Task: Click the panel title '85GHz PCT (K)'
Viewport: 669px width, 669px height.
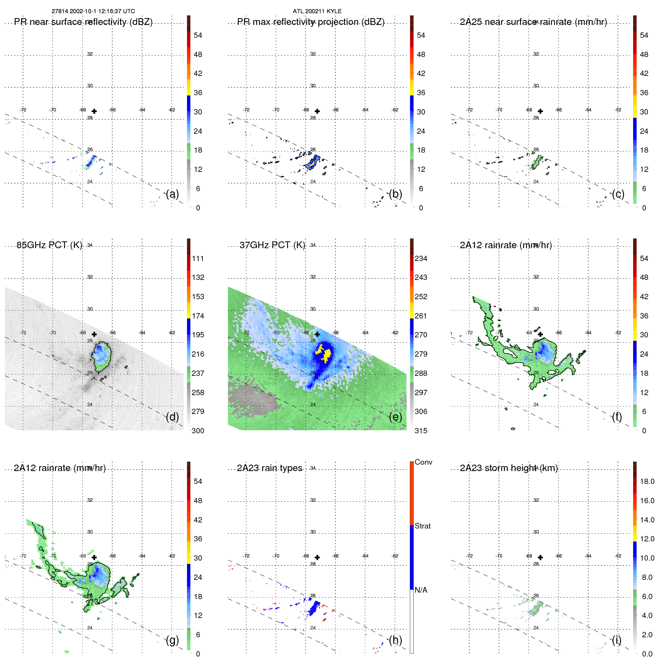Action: pyautogui.click(x=49, y=245)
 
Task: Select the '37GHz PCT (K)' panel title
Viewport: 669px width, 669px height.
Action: pyautogui.click(x=272, y=245)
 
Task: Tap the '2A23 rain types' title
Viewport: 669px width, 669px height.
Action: pyautogui.click(x=269, y=468)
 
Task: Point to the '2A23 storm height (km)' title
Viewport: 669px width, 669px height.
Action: pyautogui.click(x=508, y=468)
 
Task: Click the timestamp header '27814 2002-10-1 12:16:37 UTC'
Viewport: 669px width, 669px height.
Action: pyautogui.click(x=93, y=11)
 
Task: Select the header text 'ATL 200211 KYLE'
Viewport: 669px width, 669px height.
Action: pyautogui.click(x=317, y=11)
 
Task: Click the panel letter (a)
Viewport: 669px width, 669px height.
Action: pyautogui.click(x=172, y=194)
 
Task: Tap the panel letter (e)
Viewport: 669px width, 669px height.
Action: pyautogui.click(x=395, y=417)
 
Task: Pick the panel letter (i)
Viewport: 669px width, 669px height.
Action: pyautogui.click(x=616, y=640)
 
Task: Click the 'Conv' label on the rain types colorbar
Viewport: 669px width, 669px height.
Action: pyautogui.click(x=423, y=462)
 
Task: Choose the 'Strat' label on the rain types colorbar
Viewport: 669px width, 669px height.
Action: pyautogui.click(x=422, y=526)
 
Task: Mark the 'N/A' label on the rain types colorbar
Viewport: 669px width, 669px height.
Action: pyautogui.click(x=421, y=590)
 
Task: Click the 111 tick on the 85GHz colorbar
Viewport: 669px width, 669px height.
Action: pyautogui.click(x=198, y=258)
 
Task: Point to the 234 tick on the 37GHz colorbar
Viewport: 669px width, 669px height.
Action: pyautogui.click(x=421, y=258)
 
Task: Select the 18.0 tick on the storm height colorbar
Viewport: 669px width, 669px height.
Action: pyautogui.click(x=647, y=481)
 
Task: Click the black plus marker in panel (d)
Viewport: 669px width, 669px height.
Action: pyautogui.click(x=94, y=334)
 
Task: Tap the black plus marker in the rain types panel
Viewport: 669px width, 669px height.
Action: pyautogui.click(x=317, y=557)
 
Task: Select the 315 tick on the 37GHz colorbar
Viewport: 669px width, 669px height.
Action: pyautogui.click(x=421, y=431)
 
